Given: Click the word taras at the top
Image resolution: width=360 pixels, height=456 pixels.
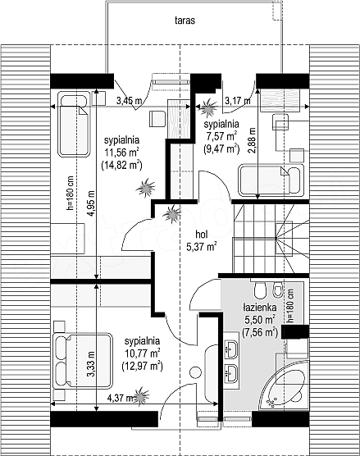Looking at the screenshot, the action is click(x=185, y=21).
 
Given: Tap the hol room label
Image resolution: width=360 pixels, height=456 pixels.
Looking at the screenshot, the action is click(x=202, y=234).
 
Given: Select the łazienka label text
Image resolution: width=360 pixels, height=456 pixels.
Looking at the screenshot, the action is click(x=260, y=307).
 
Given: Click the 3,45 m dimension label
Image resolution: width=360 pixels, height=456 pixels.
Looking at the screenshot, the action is click(x=130, y=101).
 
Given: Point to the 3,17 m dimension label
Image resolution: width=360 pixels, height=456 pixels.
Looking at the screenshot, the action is click(x=238, y=101).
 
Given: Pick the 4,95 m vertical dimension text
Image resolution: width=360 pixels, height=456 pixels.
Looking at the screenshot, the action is click(x=91, y=203).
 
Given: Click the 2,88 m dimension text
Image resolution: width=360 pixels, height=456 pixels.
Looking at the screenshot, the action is click(x=253, y=140).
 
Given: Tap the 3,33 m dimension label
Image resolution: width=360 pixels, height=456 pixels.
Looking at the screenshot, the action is click(x=91, y=364).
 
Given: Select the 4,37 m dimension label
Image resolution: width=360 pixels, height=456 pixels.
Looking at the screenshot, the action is click(x=121, y=398).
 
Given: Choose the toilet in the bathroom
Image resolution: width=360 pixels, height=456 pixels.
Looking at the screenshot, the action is click(x=260, y=290).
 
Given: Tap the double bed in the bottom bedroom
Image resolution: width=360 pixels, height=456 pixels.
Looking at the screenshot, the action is click(x=82, y=361).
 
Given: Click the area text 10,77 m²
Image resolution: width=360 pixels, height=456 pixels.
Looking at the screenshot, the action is click(x=143, y=353).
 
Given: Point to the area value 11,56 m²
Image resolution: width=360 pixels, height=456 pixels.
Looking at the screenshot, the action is click(x=121, y=153).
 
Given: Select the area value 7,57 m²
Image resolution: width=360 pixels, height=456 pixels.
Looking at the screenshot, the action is click(x=221, y=136).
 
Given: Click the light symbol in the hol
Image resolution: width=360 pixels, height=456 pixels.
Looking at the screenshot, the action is click(x=172, y=214).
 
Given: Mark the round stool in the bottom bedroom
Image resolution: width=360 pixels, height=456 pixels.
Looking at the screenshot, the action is click(x=195, y=372).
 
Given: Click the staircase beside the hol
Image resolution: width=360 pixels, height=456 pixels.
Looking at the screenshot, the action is click(x=271, y=239).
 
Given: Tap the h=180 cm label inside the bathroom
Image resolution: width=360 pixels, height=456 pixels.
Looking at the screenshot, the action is click(x=290, y=306).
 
